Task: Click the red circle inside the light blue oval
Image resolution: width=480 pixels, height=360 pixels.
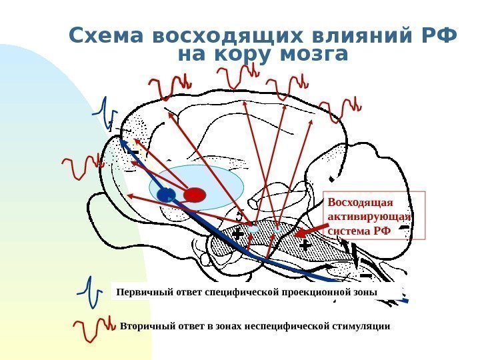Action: tap(195, 194)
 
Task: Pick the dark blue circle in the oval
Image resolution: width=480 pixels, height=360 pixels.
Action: tap(166, 195)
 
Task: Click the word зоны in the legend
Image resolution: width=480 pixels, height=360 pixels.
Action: tap(365, 292)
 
